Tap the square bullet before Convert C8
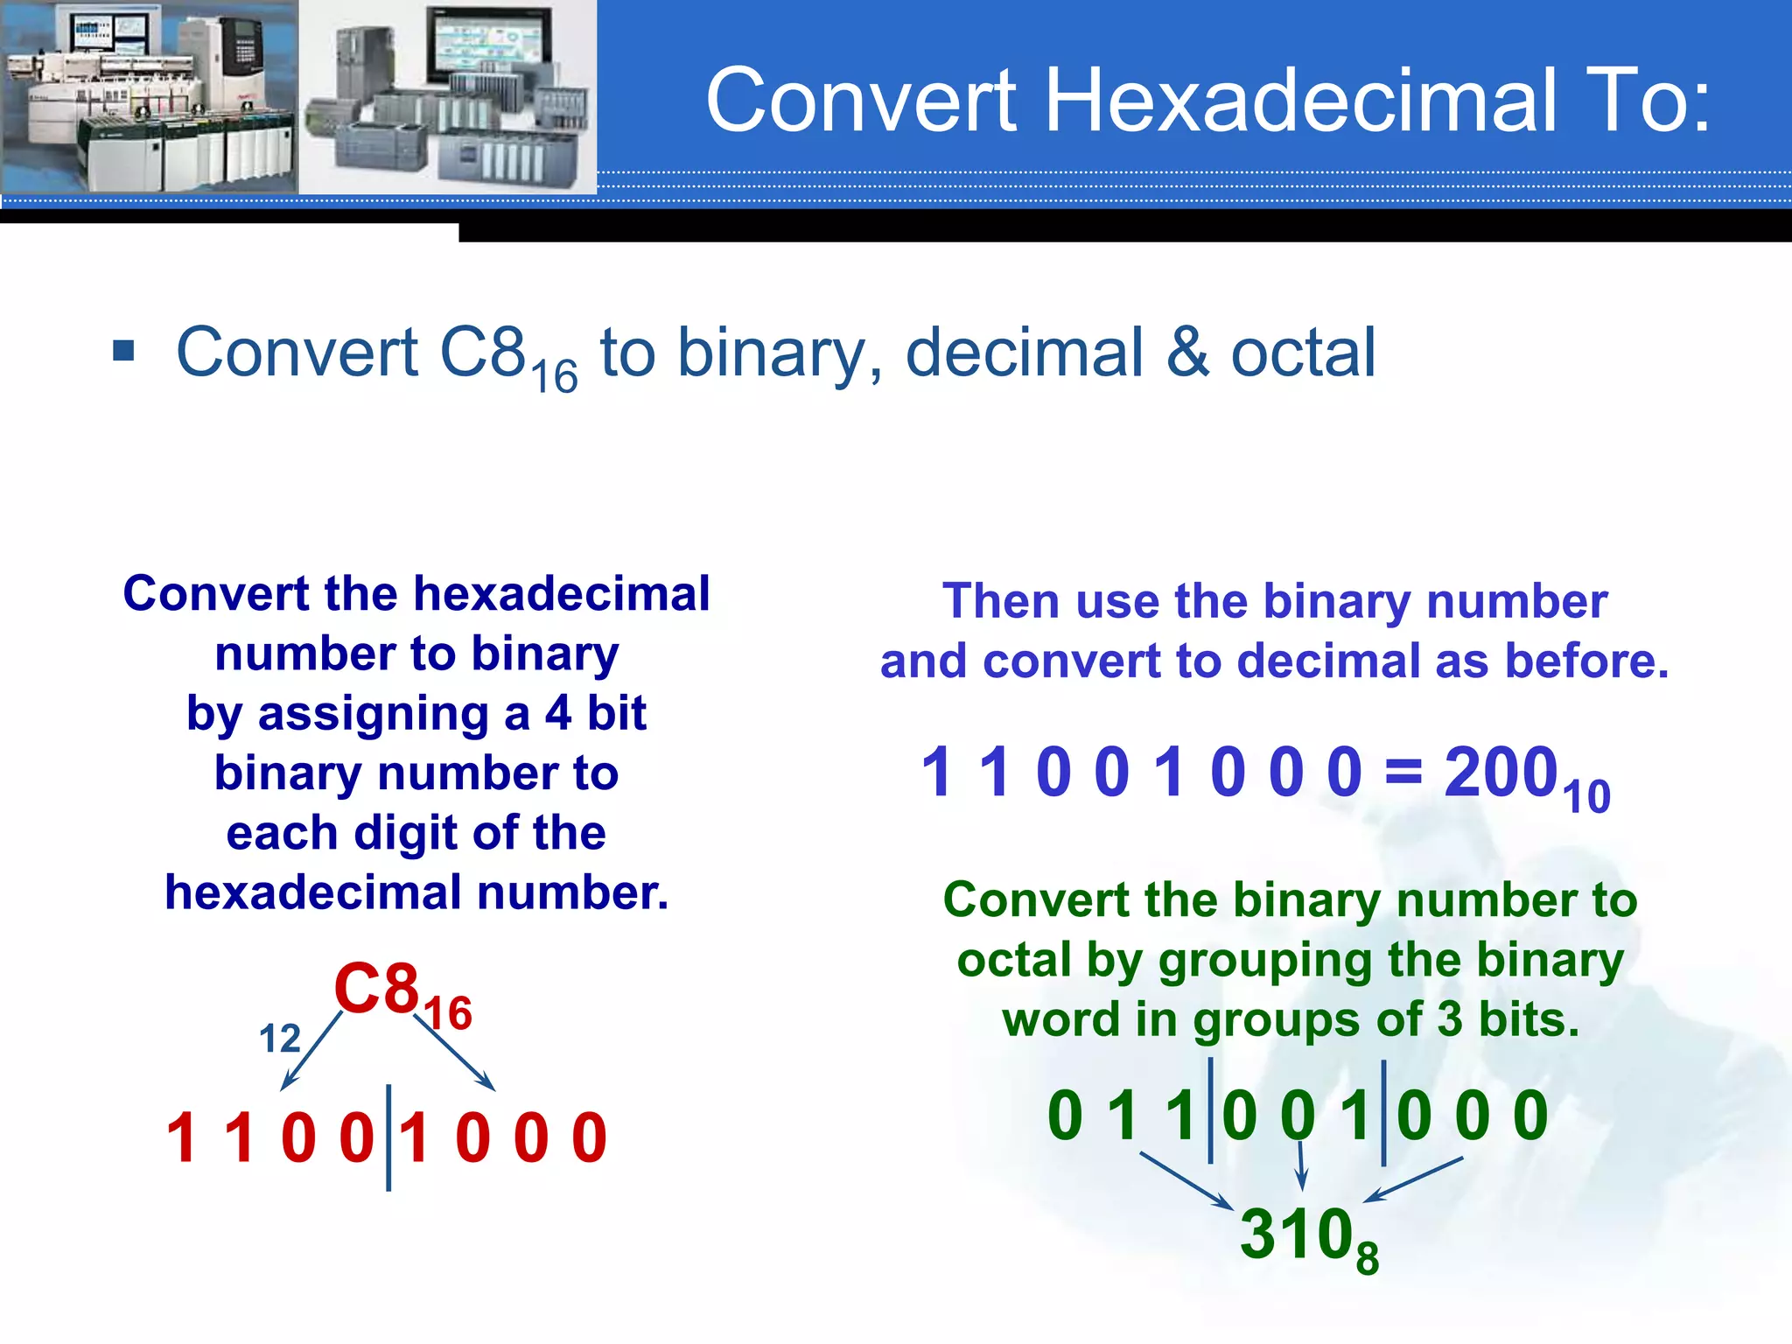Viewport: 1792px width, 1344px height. [x=124, y=351]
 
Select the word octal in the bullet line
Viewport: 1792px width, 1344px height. [x=1303, y=353]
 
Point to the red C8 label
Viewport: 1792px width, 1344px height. [x=377, y=989]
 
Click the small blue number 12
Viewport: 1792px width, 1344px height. [x=279, y=1039]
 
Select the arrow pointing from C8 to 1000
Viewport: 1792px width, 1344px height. [x=455, y=1053]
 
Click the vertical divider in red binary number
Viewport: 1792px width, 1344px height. [x=388, y=1137]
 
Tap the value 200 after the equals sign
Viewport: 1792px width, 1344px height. [x=1501, y=773]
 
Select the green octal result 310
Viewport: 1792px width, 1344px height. [x=1296, y=1234]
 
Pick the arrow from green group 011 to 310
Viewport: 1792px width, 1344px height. [x=1186, y=1180]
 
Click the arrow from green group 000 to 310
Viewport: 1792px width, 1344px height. [x=1414, y=1179]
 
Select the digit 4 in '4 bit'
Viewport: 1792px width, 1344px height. [x=558, y=713]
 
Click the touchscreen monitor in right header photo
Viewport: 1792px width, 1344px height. [x=488, y=44]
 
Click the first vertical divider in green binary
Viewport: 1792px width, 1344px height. [x=1210, y=1111]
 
